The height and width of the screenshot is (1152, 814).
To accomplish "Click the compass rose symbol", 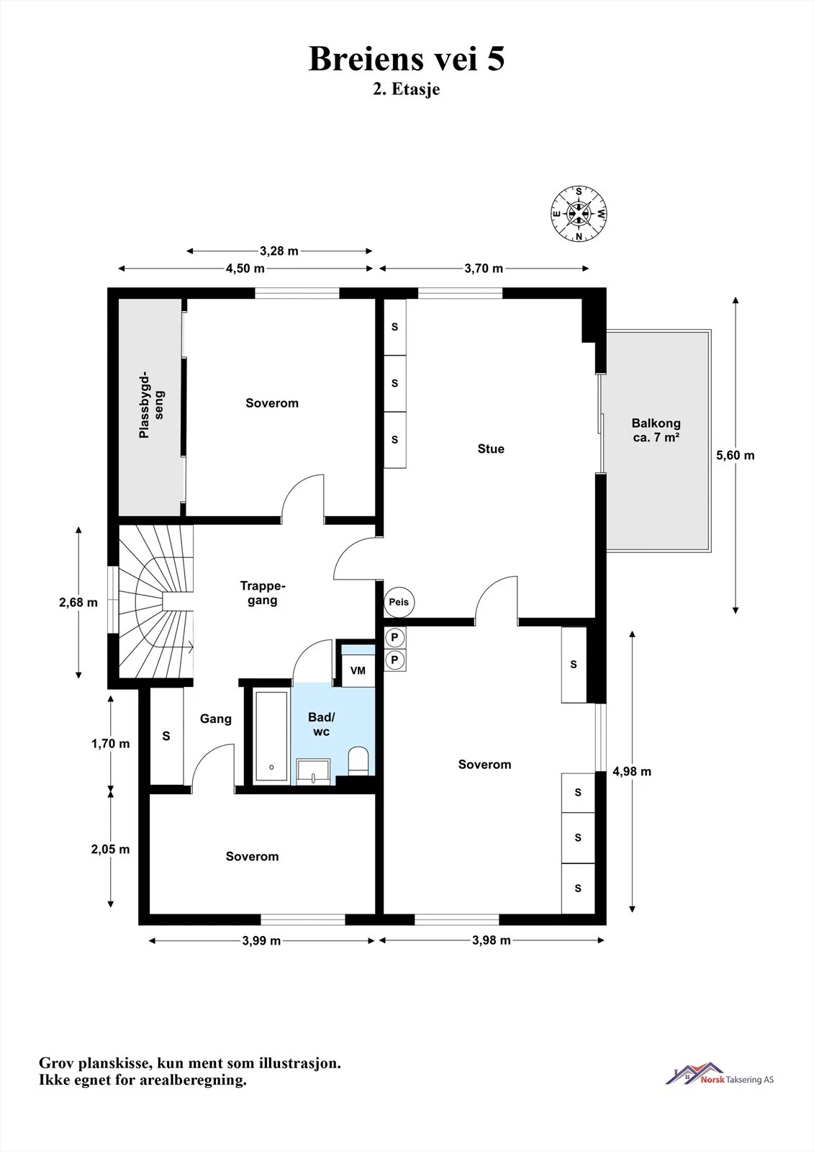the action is tap(579, 213).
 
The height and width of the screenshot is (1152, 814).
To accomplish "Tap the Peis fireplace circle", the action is tap(399, 602).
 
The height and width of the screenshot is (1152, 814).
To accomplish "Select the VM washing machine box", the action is tap(358, 670).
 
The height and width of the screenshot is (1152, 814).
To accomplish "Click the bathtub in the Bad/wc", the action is tap(271, 737).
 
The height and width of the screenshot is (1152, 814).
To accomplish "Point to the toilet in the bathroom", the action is tap(358, 761).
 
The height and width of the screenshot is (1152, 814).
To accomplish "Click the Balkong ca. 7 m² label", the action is tap(656, 431).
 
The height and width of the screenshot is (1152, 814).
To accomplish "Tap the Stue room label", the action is tap(491, 449).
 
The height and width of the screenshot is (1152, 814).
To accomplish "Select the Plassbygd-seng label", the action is tap(152, 405).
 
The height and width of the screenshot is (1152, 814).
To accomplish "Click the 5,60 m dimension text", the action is tap(736, 455).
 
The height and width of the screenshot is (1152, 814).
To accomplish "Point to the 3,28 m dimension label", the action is tap(279, 251).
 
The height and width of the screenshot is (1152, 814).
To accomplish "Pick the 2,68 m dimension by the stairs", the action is tap(78, 602).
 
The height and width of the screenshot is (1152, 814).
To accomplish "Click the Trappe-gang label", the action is tap(262, 593).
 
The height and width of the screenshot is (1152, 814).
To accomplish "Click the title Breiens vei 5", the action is tap(407, 58).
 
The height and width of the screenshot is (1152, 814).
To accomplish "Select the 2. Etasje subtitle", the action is tap(407, 89).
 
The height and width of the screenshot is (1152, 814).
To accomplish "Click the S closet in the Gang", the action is tap(166, 736).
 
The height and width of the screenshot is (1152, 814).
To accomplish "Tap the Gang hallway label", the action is tap(216, 719).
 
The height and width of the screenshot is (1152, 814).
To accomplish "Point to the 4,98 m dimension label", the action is tap(632, 771).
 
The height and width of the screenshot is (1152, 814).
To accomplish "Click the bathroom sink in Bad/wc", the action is tap(313, 772).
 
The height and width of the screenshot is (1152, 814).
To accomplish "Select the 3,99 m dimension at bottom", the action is tap(262, 940).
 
